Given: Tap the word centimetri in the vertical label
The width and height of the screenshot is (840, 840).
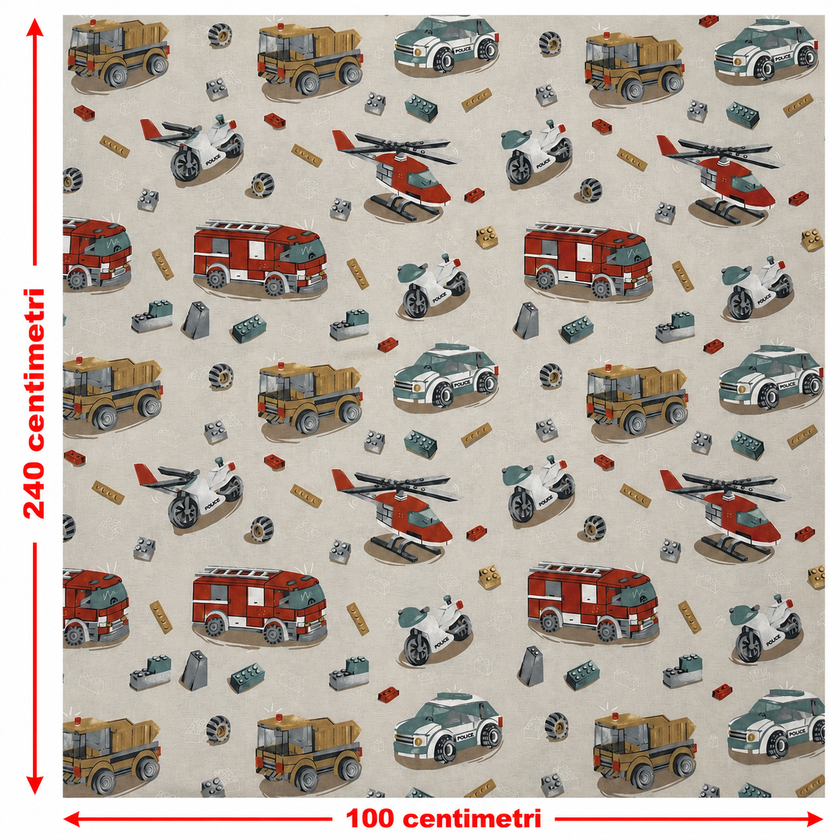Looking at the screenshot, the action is tap(35, 369).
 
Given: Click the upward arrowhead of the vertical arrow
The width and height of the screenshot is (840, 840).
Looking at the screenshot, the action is tap(35, 28).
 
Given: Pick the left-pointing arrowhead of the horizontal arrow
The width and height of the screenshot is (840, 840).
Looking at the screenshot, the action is tap(75, 819).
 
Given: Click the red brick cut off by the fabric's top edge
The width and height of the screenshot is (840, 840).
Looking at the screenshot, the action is tap(709, 20).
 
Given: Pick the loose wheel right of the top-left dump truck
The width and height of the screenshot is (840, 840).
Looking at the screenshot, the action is tap(220, 34).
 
